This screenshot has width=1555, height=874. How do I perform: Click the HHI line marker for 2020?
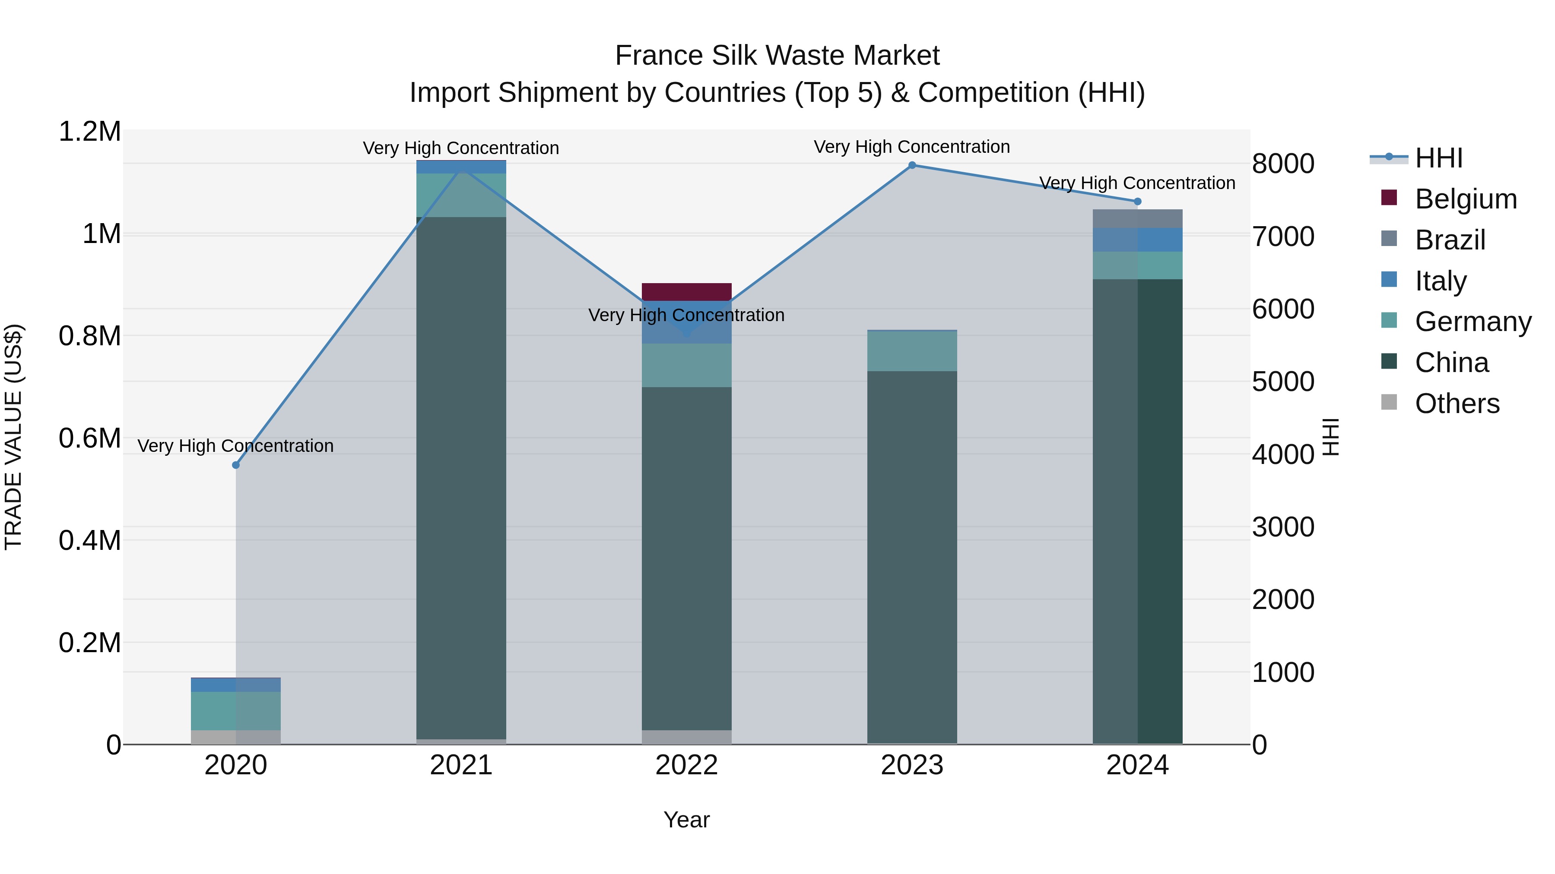click(235, 465)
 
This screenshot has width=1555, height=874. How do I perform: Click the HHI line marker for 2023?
click(912, 165)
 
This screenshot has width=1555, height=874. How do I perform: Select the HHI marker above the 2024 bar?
click(1137, 202)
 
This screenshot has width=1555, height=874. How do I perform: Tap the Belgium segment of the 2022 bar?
click(686, 292)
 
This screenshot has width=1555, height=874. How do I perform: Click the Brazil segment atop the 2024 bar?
click(1137, 219)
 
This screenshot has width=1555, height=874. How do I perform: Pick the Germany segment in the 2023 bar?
click(912, 351)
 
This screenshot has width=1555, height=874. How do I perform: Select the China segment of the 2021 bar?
click(461, 476)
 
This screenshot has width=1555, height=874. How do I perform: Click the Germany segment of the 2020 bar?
click(235, 710)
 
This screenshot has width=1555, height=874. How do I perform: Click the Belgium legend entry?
click(1465, 199)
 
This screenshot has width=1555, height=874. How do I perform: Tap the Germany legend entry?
click(1472, 322)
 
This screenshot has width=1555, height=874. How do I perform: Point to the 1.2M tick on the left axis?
click(89, 132)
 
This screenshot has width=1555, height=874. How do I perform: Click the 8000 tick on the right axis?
click(1283, 164)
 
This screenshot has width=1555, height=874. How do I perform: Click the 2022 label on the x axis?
click(686, 765)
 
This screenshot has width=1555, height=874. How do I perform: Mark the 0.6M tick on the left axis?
click(89, 439)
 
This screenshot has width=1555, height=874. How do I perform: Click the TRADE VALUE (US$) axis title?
click(13, 437)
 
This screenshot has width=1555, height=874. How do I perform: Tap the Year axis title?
click(686, 820)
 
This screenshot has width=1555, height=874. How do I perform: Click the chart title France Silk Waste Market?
click(777, 56)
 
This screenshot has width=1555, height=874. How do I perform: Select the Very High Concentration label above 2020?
click(235, 446)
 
